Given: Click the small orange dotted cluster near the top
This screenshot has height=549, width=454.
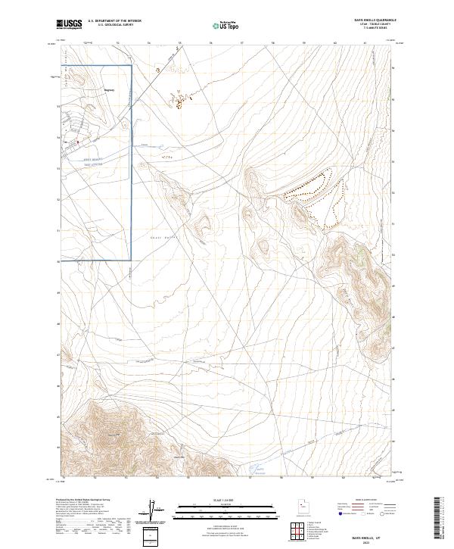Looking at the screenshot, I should (x=179, y=101).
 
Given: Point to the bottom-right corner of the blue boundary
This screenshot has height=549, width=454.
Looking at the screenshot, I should (x=132, y=260).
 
